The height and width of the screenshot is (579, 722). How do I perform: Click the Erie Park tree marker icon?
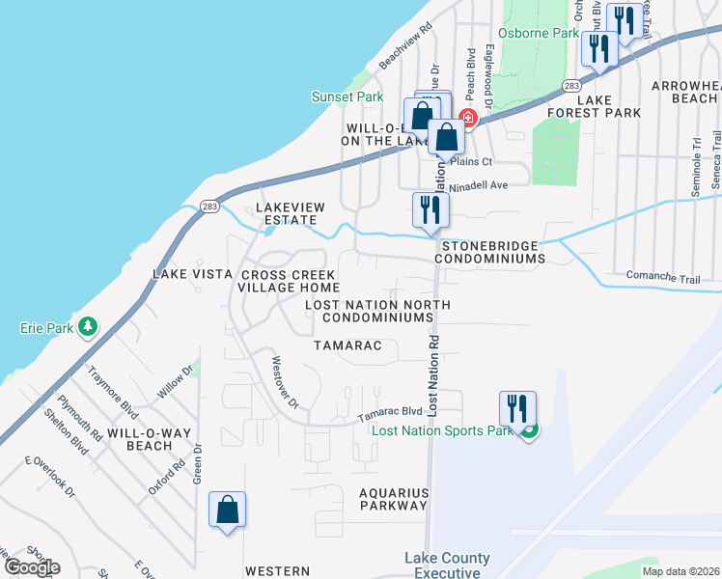(x=89, y=327)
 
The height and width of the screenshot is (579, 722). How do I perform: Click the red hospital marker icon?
(x=468, y=118)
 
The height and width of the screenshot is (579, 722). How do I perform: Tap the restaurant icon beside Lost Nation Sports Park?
(x=517, y=407)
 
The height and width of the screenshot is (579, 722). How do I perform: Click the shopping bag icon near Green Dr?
(x=227, y=509)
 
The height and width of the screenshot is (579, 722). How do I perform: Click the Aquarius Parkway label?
(x=393, y=498)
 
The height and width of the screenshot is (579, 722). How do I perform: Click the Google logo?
(x=31, y=567)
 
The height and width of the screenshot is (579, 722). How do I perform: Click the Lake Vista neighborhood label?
(x=192, y=274)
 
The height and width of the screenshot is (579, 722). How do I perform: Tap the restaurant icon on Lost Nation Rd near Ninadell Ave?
(x=428, y=209)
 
